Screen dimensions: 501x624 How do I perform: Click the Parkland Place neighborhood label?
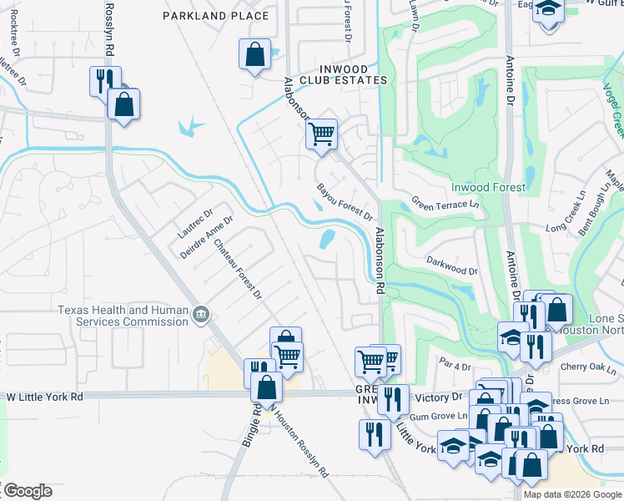(216, 16)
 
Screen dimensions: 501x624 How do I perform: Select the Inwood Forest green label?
(489, 187)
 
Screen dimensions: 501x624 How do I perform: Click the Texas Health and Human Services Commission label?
(123, 315)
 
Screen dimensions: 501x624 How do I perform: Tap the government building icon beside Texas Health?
(201, 315)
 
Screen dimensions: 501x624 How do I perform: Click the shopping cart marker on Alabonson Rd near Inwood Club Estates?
(321, 133)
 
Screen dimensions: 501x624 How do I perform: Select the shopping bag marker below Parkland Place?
(254, 54)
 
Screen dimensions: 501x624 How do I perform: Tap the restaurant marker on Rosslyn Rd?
(105, 81)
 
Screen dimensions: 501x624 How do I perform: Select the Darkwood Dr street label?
(452, 271)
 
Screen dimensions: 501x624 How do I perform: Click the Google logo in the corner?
(27, 491)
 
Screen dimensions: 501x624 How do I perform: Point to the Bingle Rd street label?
(249, 426)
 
